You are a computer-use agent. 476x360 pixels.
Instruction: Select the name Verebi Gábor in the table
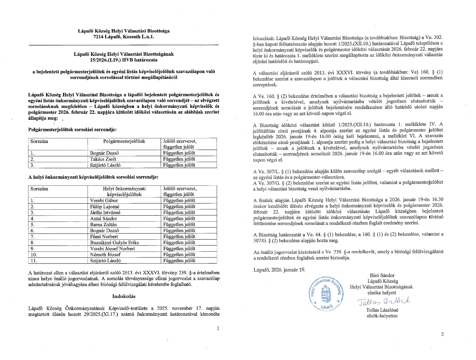[104, 201]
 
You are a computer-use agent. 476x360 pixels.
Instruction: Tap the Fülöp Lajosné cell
[104, 207]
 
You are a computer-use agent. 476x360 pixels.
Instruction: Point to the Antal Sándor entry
[103, 218]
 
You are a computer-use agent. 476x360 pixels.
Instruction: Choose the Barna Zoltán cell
[103, 224]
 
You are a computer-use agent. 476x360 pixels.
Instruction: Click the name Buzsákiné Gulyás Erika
[115, 243]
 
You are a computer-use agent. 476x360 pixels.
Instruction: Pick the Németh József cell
[105, 255]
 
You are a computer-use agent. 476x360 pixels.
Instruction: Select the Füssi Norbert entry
[104, 237]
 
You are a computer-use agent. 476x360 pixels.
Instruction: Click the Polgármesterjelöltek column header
[124, 141]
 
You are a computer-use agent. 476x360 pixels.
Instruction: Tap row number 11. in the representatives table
[34, 261]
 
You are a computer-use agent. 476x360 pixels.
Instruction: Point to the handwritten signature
[384, 302]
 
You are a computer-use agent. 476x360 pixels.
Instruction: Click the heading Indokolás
[124, 296]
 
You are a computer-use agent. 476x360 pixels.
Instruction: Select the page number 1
[218, 328]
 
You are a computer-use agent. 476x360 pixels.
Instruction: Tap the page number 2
[442, 334]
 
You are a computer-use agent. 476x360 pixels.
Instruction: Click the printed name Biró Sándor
[382, 275]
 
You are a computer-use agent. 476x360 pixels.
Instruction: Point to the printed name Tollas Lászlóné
[382, 310]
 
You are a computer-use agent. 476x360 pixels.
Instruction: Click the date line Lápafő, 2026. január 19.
[279, 270]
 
